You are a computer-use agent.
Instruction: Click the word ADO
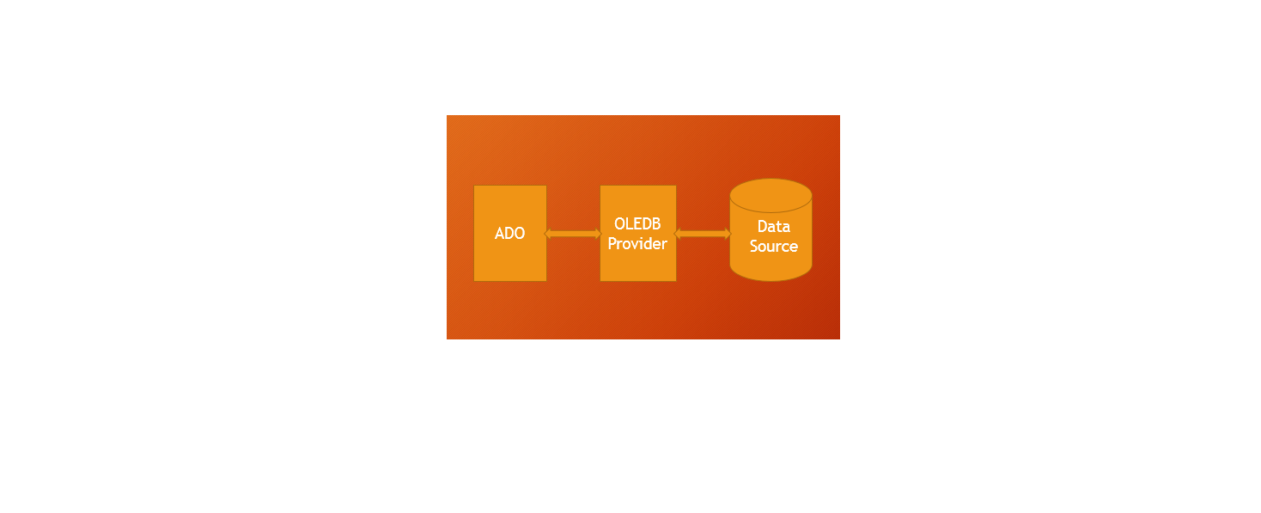tap(509, 233)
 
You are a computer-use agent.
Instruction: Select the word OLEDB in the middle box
tap(637, 224)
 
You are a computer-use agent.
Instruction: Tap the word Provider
tap(637, 244)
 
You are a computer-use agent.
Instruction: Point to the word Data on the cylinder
tap(773, 226)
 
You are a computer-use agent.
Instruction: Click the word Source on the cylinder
tap(773, 246)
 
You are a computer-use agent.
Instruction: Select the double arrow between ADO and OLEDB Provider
tap(573, 234)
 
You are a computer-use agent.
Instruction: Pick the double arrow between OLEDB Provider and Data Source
tap(703, 234)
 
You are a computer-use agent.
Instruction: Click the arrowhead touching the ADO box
tap(547, 234)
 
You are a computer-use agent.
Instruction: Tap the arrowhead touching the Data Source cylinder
tap(728, 234)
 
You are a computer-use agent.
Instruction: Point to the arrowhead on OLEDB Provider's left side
tap(599, 234)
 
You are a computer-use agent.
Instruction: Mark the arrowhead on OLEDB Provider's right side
tap(677, 234)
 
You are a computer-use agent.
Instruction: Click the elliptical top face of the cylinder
tap(771, 196)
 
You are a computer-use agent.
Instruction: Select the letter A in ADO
tap(499, 233)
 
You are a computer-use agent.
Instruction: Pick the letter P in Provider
tap(612, 243)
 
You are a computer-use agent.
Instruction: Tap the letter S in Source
tap(754, 246)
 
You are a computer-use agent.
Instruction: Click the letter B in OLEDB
tap(656, 224)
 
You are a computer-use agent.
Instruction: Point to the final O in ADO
tap(521, 233)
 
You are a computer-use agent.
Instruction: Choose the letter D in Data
tap(762, 226)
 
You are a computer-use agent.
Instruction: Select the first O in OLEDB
tap(619, 224)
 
